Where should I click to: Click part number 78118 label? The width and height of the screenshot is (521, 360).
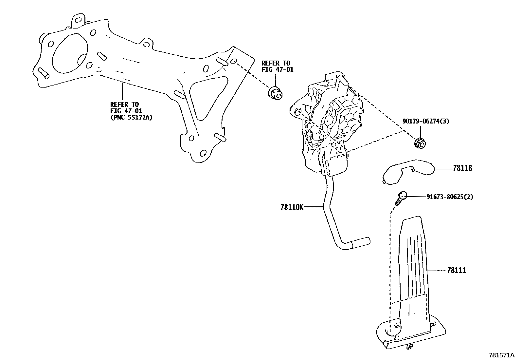tap(462, 168)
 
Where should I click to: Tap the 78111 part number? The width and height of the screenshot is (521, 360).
tap(457, 270)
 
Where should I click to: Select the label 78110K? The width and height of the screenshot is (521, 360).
tap(292, 207)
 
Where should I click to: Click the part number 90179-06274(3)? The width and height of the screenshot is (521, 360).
tap(425, 121)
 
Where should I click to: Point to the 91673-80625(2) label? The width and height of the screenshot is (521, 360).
tap(449, 197)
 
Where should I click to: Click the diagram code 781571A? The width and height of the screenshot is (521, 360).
tap(502, 355)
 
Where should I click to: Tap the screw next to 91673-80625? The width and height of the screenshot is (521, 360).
tap(400, 198)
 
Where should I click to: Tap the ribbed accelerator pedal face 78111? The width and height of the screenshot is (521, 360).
tap(413, 262)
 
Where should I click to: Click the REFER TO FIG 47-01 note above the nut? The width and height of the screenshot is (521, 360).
tap(277, 66)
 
